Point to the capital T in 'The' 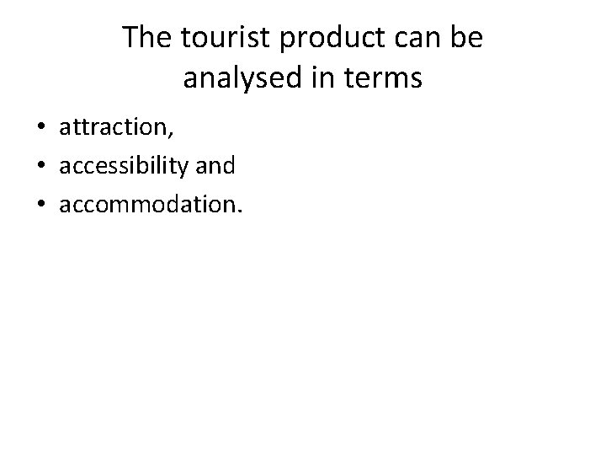point(131,39)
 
